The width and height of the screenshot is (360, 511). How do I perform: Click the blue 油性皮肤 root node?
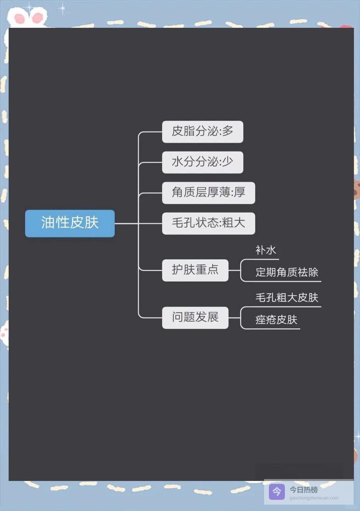(70, 223)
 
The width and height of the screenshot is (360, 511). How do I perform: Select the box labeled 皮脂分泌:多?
(202, 132)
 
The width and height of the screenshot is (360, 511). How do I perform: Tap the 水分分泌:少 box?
(202, 162)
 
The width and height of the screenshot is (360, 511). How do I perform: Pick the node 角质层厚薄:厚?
(208, 193)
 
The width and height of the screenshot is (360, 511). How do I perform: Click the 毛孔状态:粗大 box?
(208, 223)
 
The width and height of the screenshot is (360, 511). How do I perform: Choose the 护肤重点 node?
(195, 270)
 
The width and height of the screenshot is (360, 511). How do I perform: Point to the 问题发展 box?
(195, 318)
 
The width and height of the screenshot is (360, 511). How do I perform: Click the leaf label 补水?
(265, 250)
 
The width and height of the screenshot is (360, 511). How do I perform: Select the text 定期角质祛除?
(287, 272)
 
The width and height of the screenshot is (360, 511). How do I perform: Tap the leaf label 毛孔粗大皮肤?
(287, 298)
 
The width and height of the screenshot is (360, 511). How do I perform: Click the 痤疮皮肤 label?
(276, 320)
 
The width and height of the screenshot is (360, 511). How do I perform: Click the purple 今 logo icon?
(277, 492)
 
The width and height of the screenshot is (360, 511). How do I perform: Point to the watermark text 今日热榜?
(304, 490)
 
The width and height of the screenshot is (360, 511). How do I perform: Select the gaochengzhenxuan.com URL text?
(314, 498)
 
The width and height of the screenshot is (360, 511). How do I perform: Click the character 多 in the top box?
(228, 131)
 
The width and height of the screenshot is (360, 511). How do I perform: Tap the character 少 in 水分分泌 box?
(228, 162)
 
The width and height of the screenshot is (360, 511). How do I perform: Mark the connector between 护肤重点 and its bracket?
(234, 270)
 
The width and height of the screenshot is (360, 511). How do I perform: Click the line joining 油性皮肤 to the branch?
(126, 223)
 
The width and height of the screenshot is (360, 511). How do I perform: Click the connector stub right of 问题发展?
(234, 318)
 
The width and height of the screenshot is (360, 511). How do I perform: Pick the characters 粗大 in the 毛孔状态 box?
(234, 223)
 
